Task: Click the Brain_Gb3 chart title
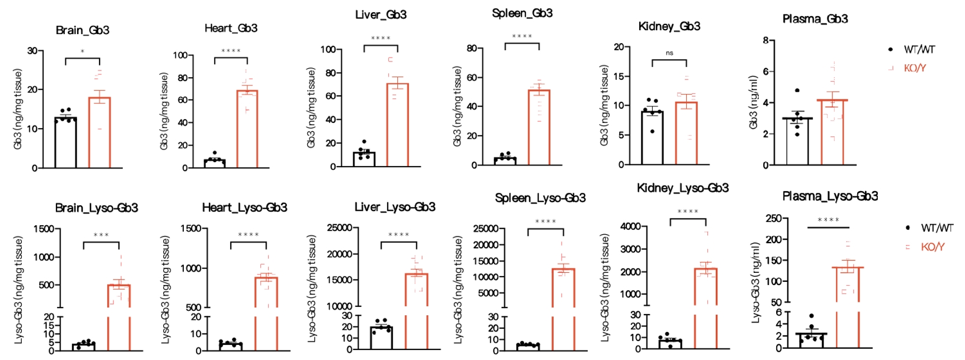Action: click(83, 30)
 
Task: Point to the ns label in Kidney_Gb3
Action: click(669, 53)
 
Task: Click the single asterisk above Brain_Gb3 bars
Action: click(83, 51)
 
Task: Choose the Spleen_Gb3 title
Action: click(522, 13)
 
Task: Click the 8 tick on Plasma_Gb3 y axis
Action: click(766, 40)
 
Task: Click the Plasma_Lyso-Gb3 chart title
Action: click(830, 196)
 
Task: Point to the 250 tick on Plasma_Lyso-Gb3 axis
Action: click(773, 218)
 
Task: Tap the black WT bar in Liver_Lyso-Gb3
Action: click(382, 338)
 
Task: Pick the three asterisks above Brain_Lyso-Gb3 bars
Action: click(101, 235)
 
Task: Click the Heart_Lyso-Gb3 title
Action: click(245, 208)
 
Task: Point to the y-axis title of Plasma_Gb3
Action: click(753, 102)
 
